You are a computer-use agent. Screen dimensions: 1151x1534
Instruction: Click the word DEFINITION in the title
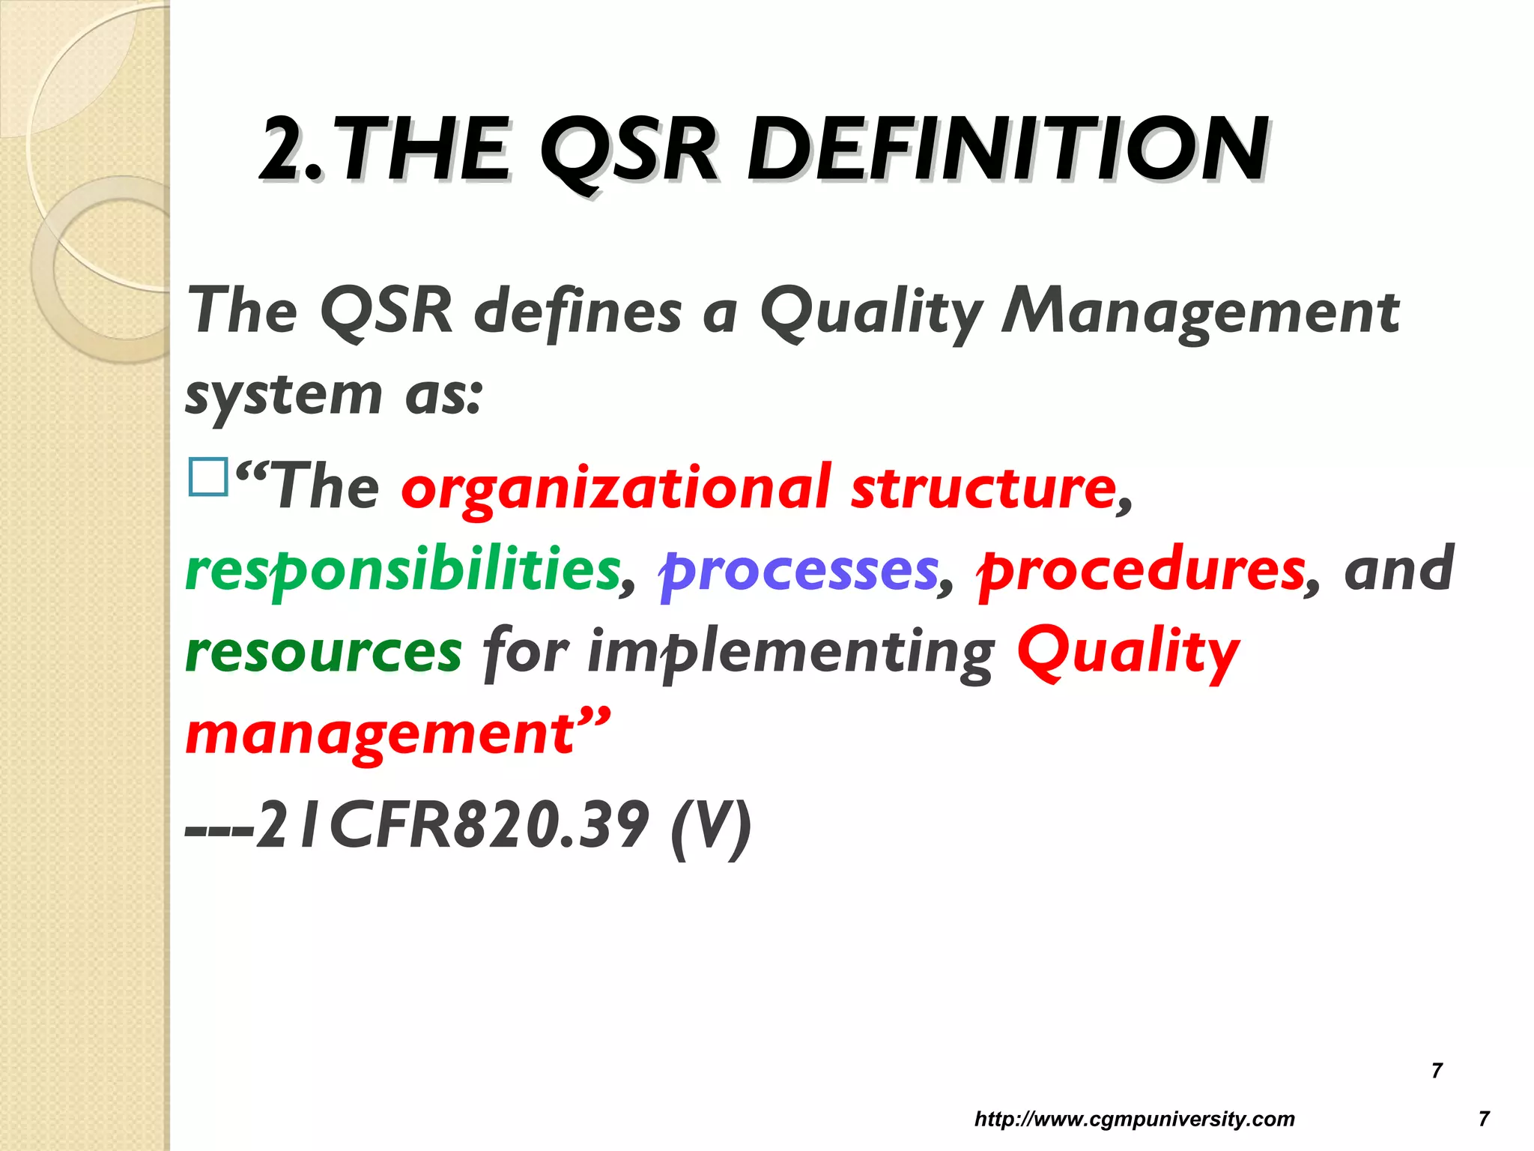pyautogui.click(x=1007, y=150)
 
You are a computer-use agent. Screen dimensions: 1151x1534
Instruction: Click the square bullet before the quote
pyautogui.click(x=208, y=477)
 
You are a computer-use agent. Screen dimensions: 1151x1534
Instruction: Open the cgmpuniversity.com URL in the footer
pyautogui.click(x=1134, y=1120)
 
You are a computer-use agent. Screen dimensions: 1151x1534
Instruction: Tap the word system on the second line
pyautogui.click(x=283, y=395)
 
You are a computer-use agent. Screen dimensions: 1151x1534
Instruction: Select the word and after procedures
pyautogui.click(x=1398, y=570)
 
